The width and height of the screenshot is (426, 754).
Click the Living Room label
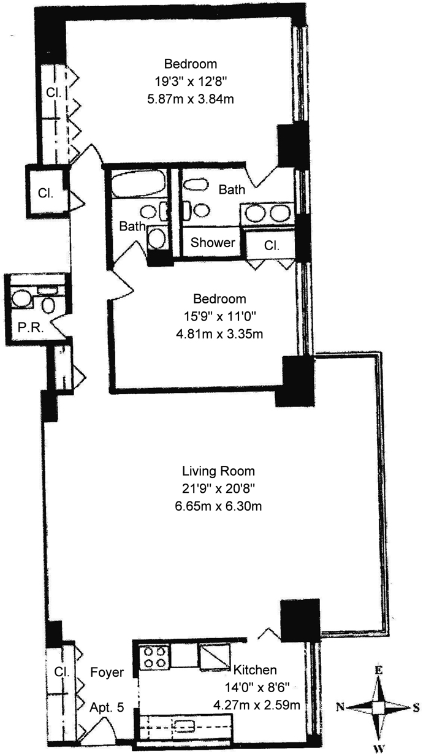click(x=218, y=471)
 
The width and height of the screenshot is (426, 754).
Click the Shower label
click(x=212, y=243)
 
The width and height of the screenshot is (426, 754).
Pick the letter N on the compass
click(x=340, y=707)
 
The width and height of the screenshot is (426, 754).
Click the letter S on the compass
click(x=416, y=708)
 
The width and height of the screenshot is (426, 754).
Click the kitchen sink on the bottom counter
click(x=184, y=726)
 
